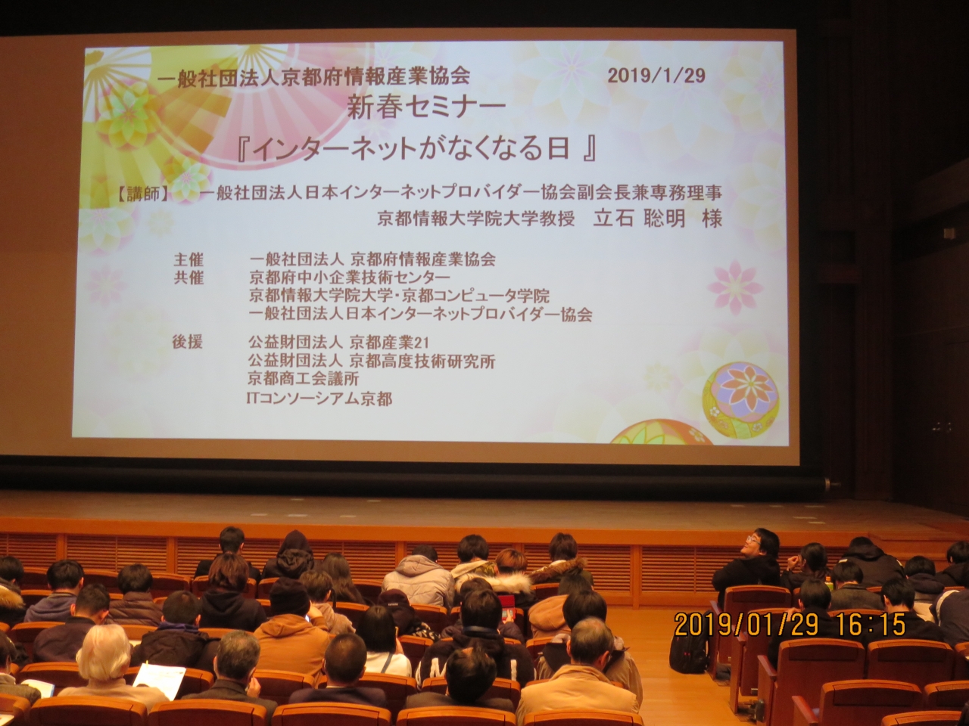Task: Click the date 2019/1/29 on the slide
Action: click(656, 75)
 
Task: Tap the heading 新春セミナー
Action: click(426, 107)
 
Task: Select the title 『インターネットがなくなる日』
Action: click(417, 149)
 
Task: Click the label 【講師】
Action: click(144, 194)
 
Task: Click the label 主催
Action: click(189, 259)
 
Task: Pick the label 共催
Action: click(189, 278)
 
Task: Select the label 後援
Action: click(188, 342)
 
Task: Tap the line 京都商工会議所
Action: click(303, 379)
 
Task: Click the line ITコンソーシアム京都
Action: click(319, 398)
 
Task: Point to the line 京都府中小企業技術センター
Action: click(344, 278)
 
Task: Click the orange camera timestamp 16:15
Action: click(871, 625)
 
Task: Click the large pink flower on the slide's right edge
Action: click(734, 287)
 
